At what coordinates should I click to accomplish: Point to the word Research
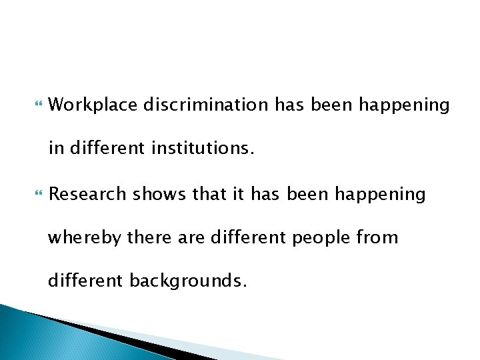(87, 194)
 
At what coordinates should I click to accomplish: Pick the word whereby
(84, 237)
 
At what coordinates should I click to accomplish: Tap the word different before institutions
(106, 149)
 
